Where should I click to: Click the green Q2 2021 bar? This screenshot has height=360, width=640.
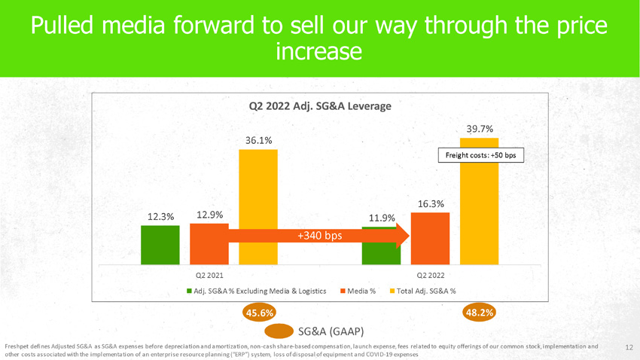160,245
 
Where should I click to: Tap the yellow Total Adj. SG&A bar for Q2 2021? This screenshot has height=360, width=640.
258,207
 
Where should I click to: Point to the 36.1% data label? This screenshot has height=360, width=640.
258,140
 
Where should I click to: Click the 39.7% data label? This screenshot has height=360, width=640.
480,129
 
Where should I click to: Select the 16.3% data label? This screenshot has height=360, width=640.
431,203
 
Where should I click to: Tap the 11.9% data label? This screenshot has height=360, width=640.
382,218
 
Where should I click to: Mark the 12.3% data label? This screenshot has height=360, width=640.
160,216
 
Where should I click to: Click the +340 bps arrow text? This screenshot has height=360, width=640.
319,236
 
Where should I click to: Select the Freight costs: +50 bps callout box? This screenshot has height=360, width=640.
480,156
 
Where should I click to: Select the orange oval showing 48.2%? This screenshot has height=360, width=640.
480,313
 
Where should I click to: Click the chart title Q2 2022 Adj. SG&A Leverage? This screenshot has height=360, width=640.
319,106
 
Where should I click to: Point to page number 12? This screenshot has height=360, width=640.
629,346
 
